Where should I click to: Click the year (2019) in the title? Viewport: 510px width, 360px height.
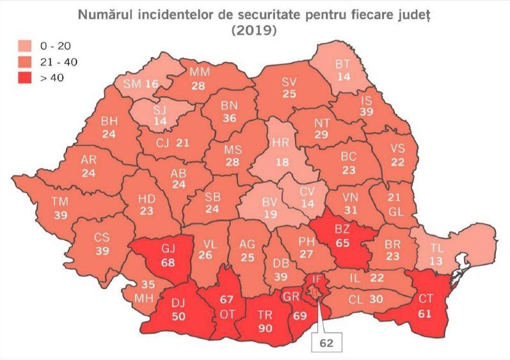point(255,30)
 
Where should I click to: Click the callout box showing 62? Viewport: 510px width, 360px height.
point(326,342)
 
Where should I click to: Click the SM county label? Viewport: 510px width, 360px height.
point(132,84)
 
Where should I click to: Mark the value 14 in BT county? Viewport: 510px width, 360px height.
point(344,75)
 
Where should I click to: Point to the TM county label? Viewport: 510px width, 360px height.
point(60,203)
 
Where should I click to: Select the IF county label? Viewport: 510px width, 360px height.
point(317,278)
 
